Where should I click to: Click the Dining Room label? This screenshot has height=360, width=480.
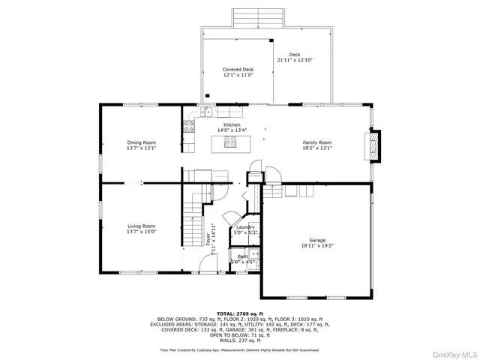pos(141,142)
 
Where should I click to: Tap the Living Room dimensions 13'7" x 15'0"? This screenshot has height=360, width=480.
pos(141,232)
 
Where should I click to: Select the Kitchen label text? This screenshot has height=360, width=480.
pos(232,124)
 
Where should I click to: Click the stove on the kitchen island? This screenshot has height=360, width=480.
pos(231,142)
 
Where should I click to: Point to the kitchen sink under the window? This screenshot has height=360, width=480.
pos(205,113)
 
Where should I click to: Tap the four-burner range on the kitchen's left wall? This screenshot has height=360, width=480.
pos(188,126)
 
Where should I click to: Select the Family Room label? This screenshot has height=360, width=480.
pos(316,142)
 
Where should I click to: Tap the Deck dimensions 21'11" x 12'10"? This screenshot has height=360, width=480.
pos(294,59)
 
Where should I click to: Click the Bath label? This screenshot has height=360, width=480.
pos(243,256)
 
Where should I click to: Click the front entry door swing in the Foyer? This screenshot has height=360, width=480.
pos(208,264)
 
